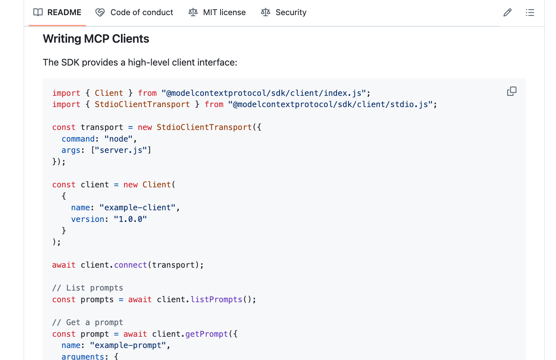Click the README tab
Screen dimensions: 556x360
[57, 12]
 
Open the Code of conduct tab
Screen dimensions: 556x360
[135, 12]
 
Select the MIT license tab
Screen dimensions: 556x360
[217, 12]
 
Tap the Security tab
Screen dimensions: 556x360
[284, 12]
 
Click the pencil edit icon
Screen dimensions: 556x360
[507, 13]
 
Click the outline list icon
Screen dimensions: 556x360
[530, 13]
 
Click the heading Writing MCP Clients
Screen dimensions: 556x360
[96, 39]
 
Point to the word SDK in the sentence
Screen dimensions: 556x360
[70, 62]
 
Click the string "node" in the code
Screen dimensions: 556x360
[119, 139]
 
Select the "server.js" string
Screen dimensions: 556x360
[121, 150]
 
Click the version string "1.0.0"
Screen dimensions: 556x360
[130, 219]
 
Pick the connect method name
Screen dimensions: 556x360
[131, 265]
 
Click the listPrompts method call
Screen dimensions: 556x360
[216, 299]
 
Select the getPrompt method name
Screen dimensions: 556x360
[207, 334]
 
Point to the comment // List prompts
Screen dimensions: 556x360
[88, 288]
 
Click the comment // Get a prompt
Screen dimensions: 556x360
[88, 322]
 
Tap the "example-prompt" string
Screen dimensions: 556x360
[128, 345]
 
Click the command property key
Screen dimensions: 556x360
[78, 139]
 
